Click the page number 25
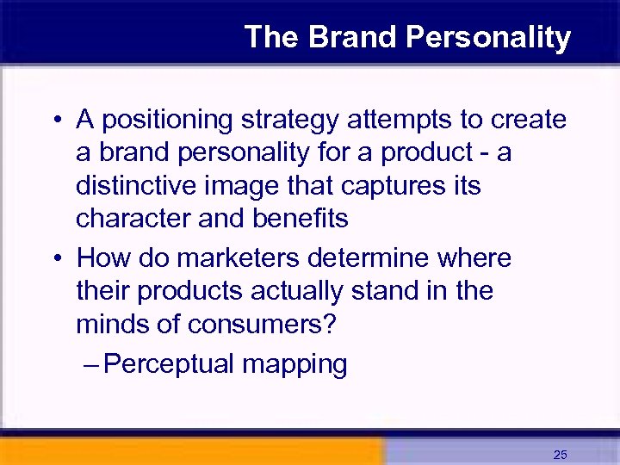tap(561, 455)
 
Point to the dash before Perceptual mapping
tap(92, 364)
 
